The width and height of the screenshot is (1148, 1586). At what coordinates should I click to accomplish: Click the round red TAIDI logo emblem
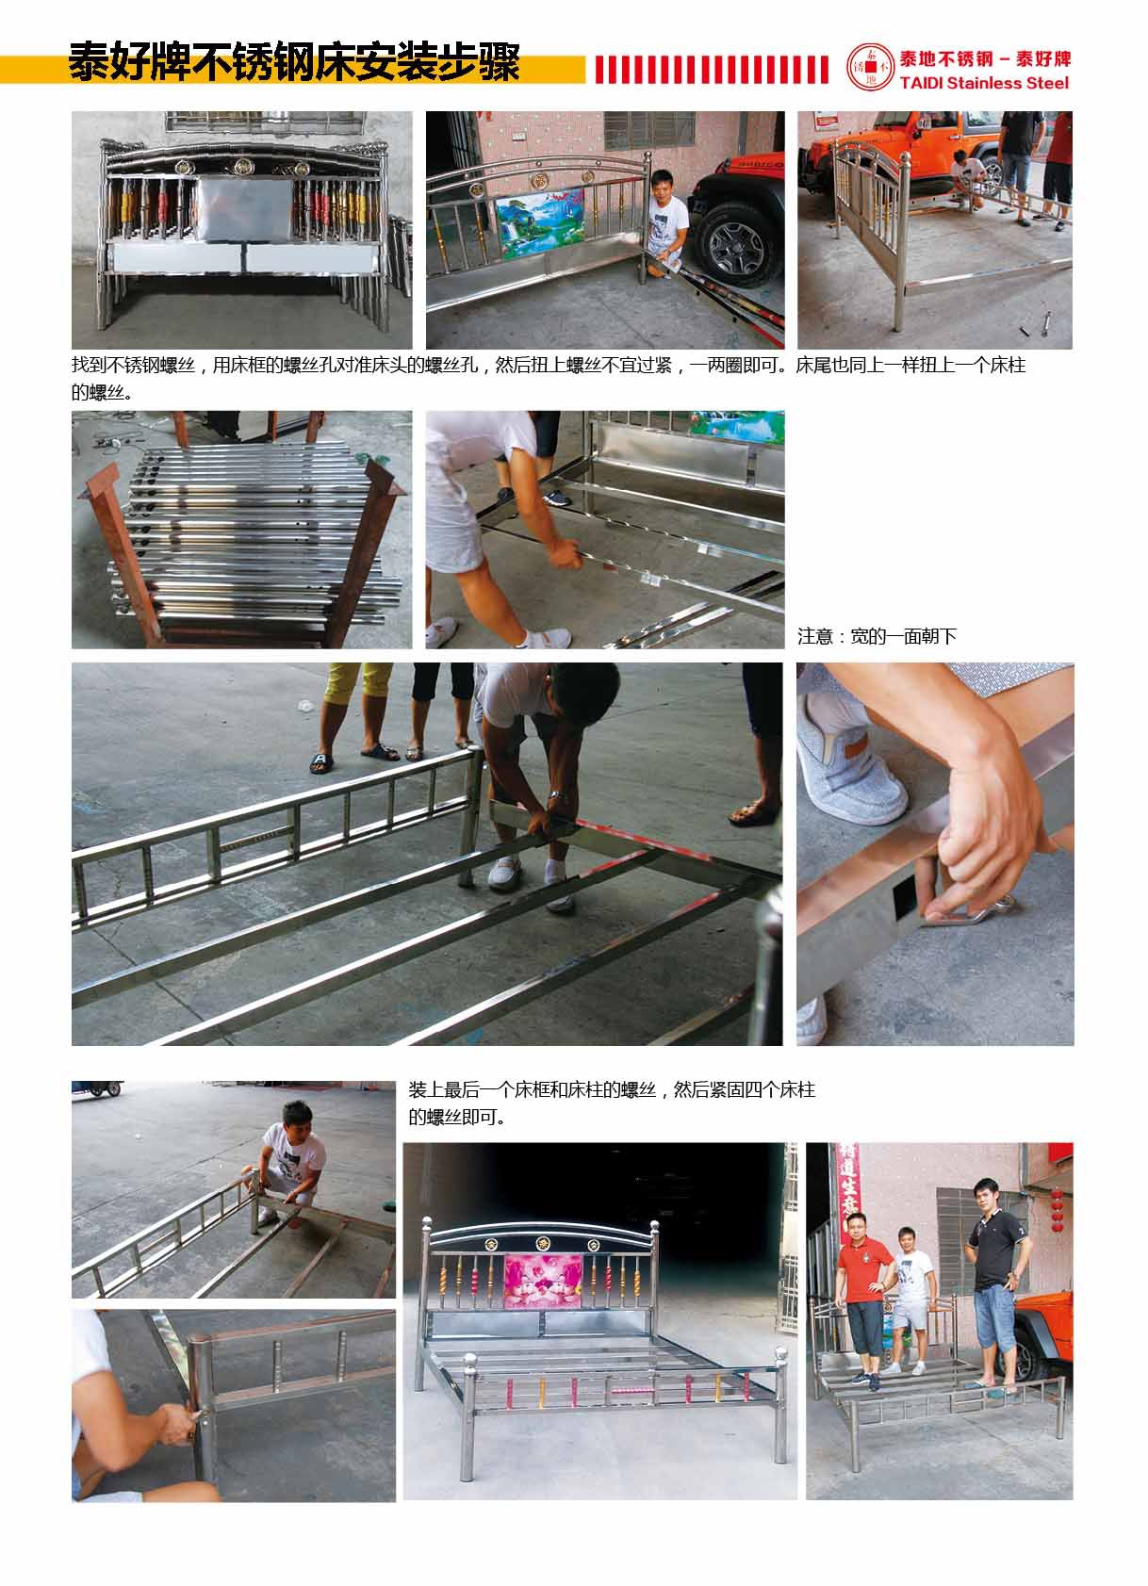pyautogui.click(x=870, y=67)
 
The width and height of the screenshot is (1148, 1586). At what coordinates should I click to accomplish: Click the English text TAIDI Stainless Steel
pyautogui.click(x=984, y=83)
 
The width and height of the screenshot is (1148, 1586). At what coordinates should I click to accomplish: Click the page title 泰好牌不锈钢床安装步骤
pyautogui.click(x=295, y=62)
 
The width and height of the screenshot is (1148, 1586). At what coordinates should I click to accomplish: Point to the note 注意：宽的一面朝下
pyautogui.click(x=877, y=636)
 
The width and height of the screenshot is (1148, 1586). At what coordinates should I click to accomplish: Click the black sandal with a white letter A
pyautogui.click(x=321, y=761)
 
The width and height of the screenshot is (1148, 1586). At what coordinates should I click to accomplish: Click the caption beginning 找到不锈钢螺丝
pyautogui.click(x=549, y=378)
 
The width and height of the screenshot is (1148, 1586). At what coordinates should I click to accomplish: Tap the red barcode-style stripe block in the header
pyautogui.click(x=712, y=70)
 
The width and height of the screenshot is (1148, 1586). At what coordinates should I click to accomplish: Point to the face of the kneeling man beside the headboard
pyautogui.click(x=663, y=187)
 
